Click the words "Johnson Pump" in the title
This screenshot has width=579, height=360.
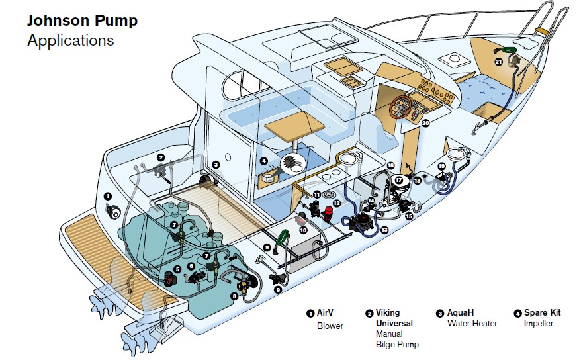click(x=82, y=21)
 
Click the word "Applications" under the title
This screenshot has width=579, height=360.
click(x=70, y=40)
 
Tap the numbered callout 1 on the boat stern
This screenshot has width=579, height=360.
click(x=107, y=197)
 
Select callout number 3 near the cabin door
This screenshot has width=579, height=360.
click(x=216, y=164)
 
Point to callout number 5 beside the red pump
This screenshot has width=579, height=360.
click(x=178, y=269)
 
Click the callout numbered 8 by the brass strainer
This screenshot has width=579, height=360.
click(x=234, y=297)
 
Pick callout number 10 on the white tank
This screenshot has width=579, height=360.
click(x=303, y=230)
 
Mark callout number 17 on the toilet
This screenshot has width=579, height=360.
click(x=398, y=179)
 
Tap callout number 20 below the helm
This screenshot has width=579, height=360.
click(x=426, y=122)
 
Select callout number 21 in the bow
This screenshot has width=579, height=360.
click(x=498, y=62)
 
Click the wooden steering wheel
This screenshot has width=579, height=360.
click(x=401, y=106)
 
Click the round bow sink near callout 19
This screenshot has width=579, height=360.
click(x=457, y=154)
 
